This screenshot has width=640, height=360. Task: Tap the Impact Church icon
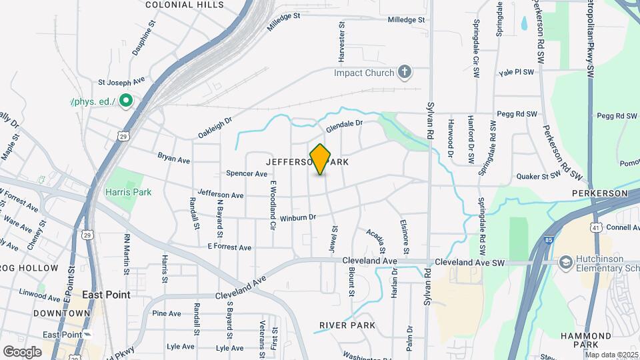coord(404,72)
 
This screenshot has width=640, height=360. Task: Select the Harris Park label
coord(128,192)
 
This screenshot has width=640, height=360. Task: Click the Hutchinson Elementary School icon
coord(566,261)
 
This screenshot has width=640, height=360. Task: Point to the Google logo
coord(22,351)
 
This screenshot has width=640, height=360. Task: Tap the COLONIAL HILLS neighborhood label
coord(184,5)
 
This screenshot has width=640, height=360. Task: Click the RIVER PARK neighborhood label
coord(347,325)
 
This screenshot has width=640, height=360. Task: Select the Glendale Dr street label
coord(344,125)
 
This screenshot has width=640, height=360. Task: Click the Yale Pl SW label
coord(516,72)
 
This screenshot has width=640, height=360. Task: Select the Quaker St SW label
coord(539,177)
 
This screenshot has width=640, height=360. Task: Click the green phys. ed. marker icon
coord(127,102)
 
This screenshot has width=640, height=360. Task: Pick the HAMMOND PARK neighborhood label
coord(585,340)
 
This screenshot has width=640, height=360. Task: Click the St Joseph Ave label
coord(121,82)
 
